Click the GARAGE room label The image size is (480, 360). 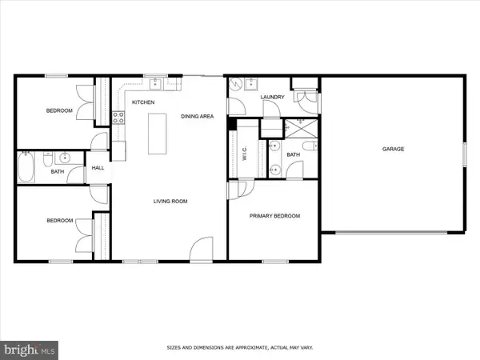pos(393,149)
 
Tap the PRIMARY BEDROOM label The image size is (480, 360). pos(274,216)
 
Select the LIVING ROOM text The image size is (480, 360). pos(170,201)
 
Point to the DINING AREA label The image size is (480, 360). pos(197,116)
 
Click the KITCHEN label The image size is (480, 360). pos(143,102)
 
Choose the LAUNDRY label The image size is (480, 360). pos(273,97)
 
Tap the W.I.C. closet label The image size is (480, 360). pos(245,154)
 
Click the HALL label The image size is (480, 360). pos(98,168)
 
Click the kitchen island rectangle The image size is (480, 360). pos(158,134)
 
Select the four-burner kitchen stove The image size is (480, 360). pos(118,118)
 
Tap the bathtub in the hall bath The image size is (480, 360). pos(26,167)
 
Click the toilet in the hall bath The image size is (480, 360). pos(48,159)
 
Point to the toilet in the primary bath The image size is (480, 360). pos(310,146)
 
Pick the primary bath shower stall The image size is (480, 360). pos(302,129)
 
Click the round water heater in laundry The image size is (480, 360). pos(236,83)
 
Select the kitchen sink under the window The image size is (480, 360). pos(156,83)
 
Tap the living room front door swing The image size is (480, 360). pos(201,249)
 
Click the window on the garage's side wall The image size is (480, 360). pos(464,154)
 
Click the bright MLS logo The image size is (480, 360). pos(29,350)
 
